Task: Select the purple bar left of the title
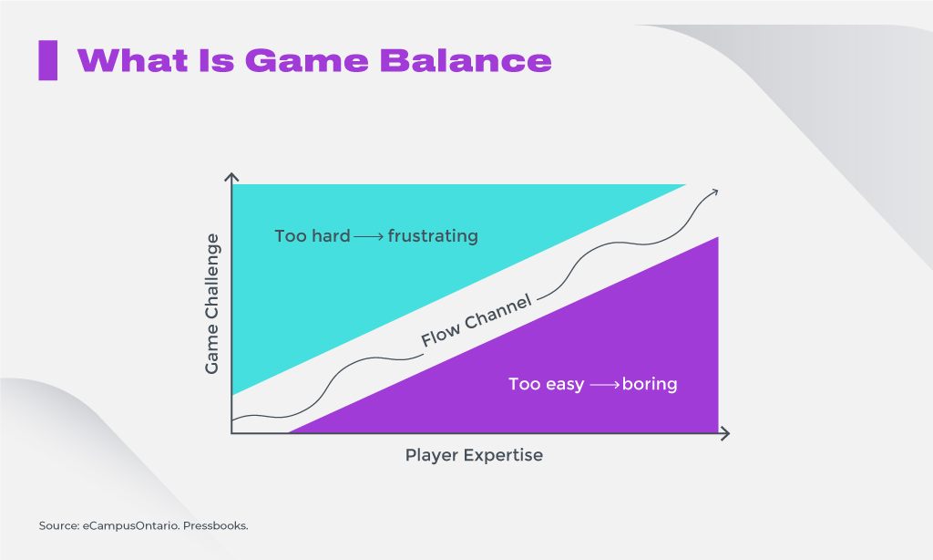[x=47, y=60]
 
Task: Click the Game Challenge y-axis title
[x=212, y=304]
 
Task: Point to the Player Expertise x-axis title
[x=474, y=455]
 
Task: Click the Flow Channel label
[x=476, y=321]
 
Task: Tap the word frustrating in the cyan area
[x=433, y=236]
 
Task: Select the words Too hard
[x=313, y=236]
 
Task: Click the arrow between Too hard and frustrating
[x=369, y=236]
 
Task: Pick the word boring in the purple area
[x=650, y=384]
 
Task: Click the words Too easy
[x=546, y=384]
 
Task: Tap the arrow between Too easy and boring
[x=604, y=385]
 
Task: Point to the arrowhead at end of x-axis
[x=725, y=433]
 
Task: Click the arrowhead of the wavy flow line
[x=714, y=191]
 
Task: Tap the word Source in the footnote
[x=56, y=526]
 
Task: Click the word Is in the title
[x=214, y=60]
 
